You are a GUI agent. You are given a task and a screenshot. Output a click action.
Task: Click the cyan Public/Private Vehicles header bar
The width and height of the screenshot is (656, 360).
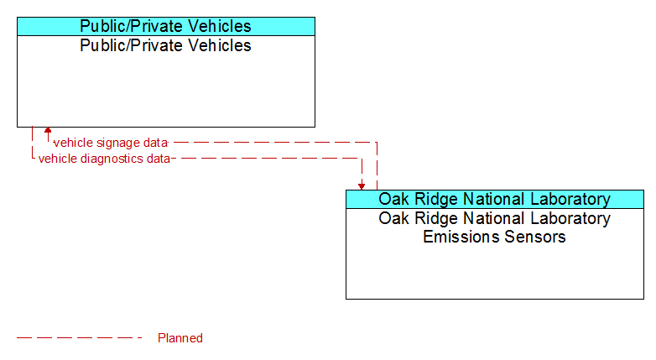[166, 26]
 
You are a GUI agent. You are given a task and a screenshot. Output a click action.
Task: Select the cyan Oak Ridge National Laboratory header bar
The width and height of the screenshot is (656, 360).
[495, 199]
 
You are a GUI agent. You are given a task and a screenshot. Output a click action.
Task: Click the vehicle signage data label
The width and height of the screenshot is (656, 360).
[111, 143]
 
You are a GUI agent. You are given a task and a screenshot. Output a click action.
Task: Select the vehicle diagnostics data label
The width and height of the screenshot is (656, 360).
[104, 159]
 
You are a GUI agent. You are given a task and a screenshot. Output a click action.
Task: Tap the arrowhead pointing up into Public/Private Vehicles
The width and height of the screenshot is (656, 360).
[48, 131]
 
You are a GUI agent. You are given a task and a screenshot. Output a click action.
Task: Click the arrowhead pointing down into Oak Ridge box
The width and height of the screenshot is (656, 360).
[362, 186]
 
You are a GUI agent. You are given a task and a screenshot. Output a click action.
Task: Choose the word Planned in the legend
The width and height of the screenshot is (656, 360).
[180, 338]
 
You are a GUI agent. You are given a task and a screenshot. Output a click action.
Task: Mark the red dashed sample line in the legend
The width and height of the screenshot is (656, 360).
[80, 338]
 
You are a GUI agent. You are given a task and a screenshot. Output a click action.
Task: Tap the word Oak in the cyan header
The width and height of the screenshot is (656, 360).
[392, 199]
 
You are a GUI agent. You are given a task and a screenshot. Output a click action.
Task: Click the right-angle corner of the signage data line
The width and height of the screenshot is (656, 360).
[377, 143]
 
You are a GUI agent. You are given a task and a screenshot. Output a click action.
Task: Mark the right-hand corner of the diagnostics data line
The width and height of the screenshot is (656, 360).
[362, 159]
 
